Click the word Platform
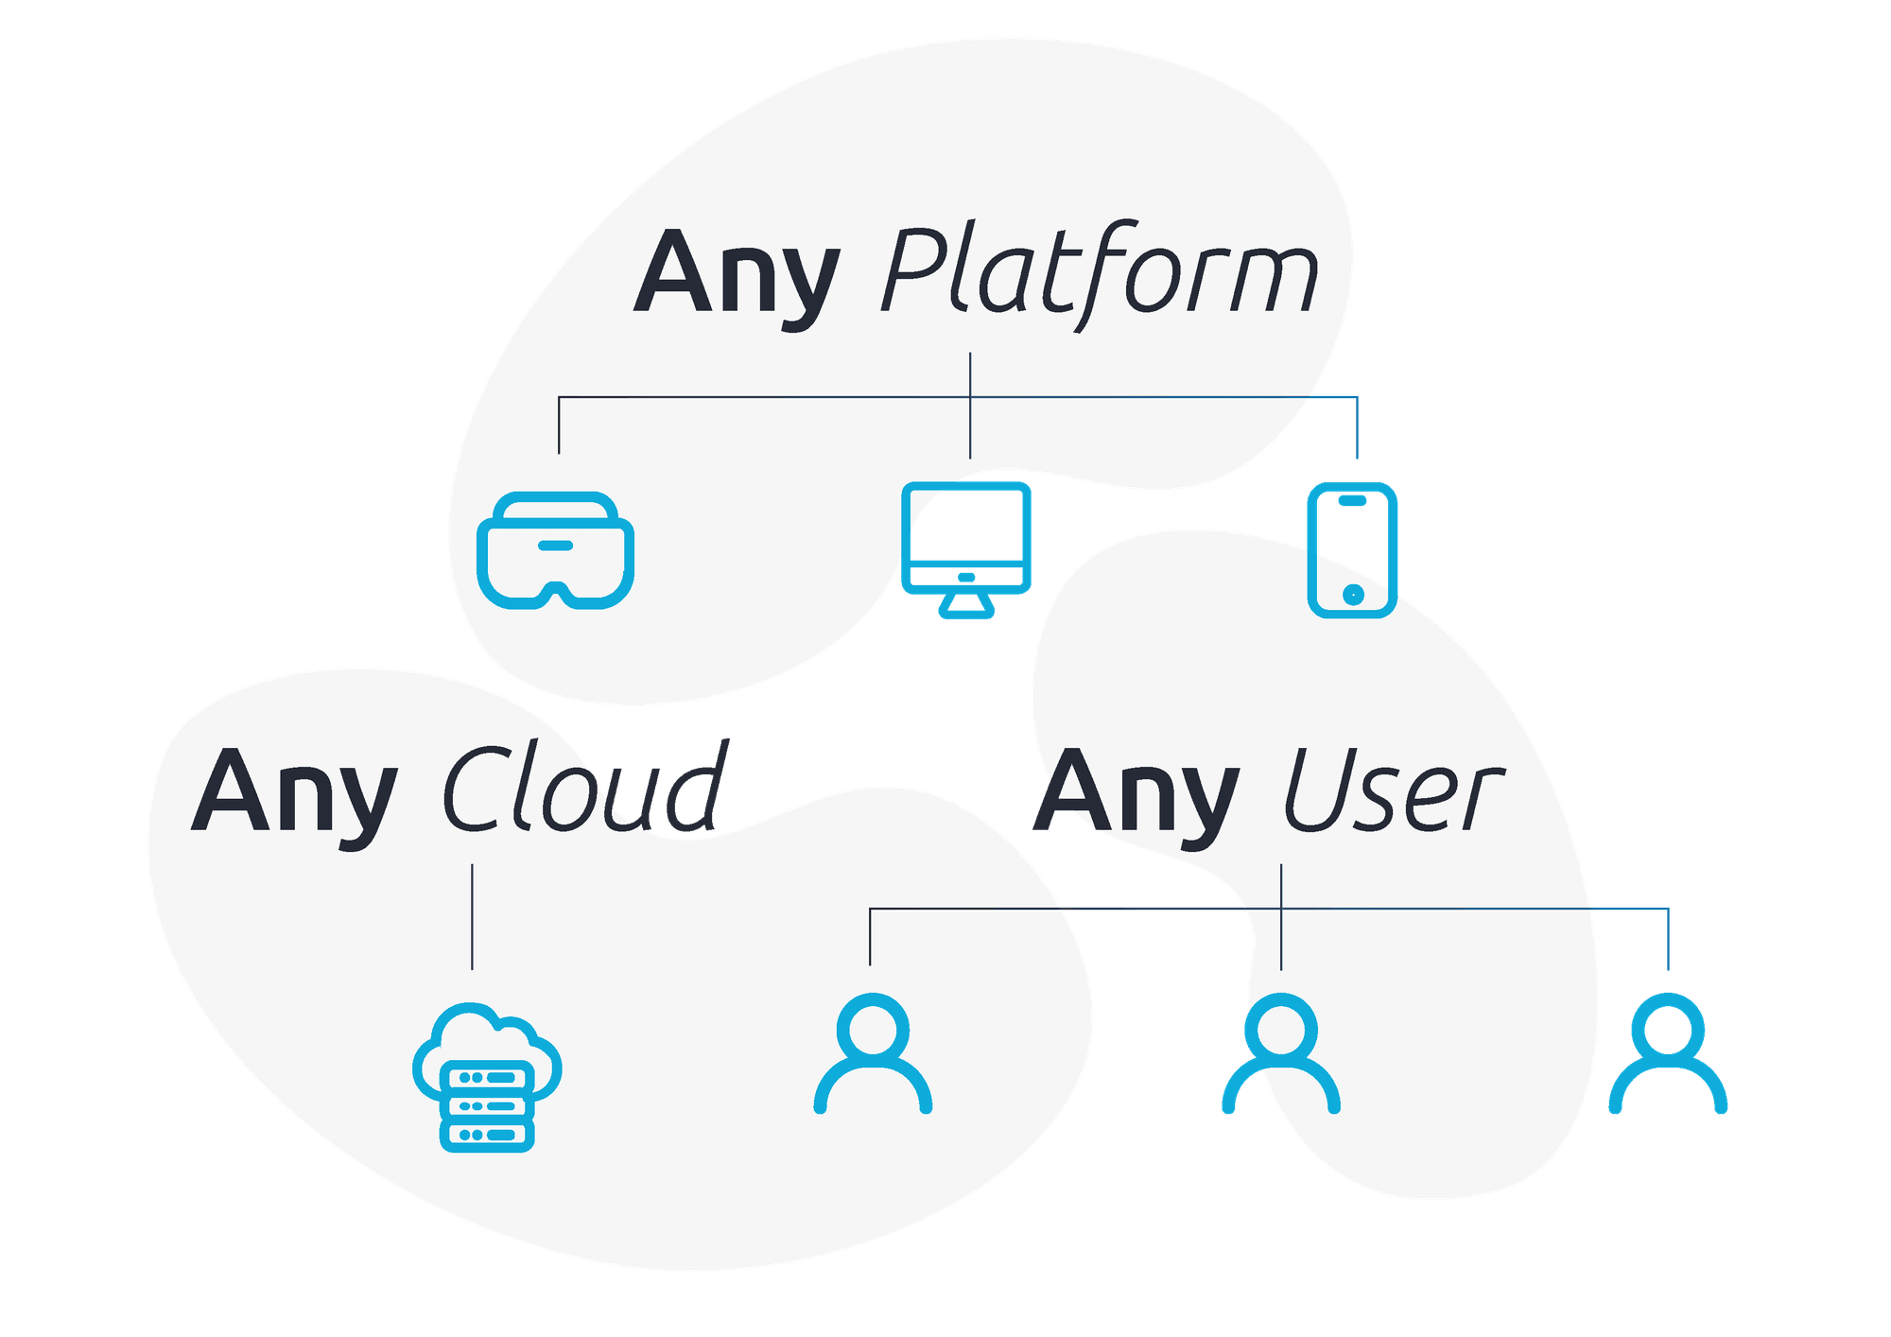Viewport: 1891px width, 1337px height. [1099, 274]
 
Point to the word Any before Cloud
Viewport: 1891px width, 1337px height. [293, 792]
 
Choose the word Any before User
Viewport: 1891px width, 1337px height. [1135, 792]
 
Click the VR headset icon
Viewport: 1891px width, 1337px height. [556, 550]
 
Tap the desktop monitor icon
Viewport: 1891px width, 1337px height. [965, 548]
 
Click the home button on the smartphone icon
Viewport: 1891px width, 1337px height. [1353, 594]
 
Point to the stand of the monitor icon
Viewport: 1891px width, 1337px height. [965, 607]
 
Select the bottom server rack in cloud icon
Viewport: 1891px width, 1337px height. [488, 1134]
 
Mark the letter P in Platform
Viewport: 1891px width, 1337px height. [915, 272]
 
